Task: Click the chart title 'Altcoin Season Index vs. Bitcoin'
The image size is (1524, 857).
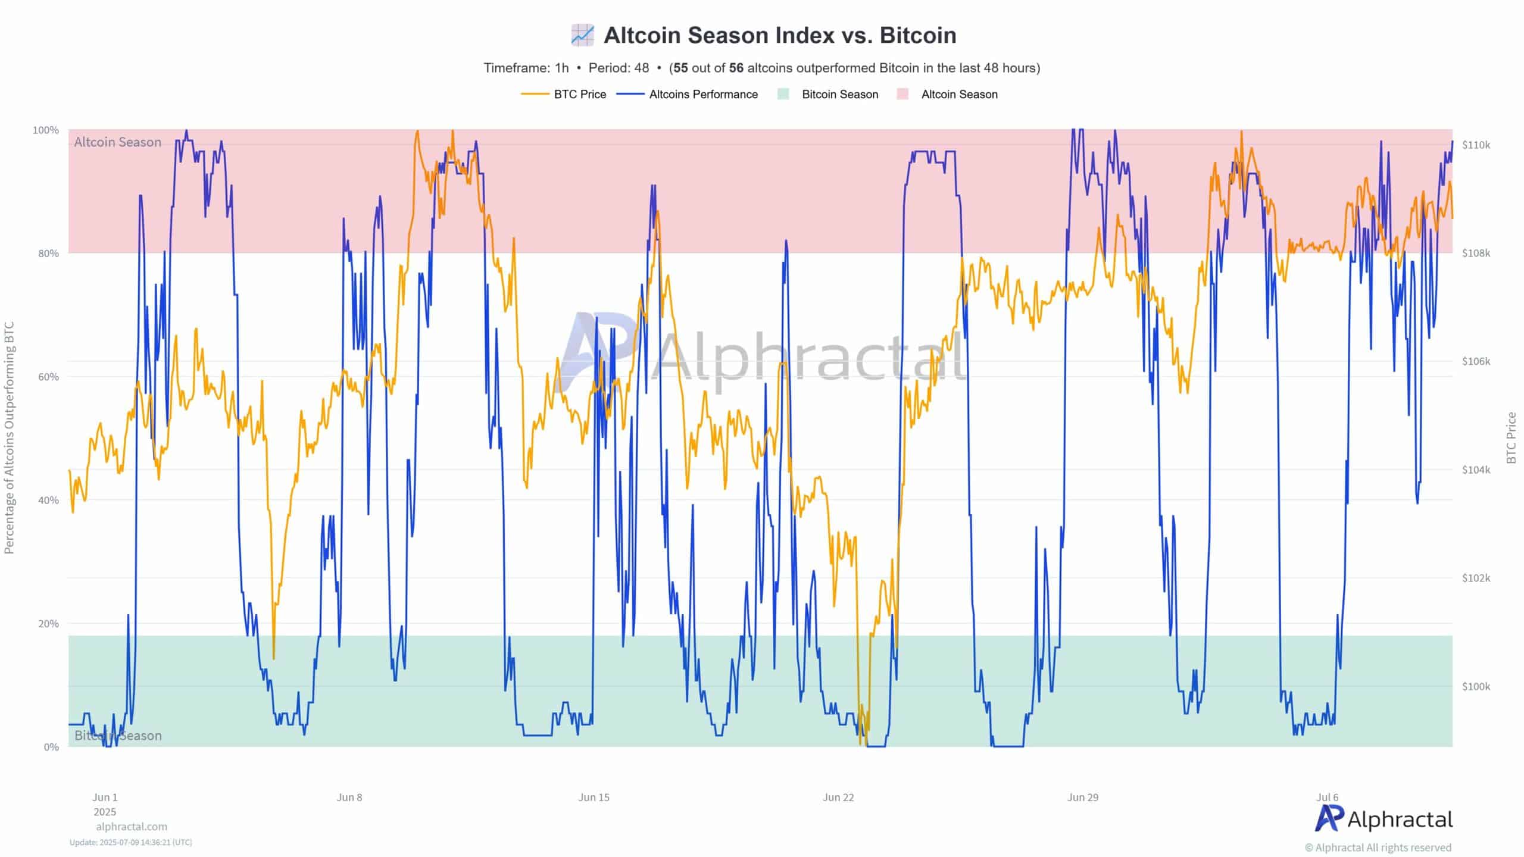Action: [780, 36]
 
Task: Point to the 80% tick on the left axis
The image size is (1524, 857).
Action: [48, 254]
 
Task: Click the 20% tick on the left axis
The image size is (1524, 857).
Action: [48, 624]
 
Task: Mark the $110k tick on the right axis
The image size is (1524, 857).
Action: [1476, 145]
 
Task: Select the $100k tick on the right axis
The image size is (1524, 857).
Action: [1476, 686]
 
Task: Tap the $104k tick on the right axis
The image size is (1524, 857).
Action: [1476, 470]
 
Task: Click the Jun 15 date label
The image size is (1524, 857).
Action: [594, 797]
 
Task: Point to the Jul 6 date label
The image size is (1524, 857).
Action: [1327, 797]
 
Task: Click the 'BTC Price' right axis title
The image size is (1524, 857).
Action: [1511, 437]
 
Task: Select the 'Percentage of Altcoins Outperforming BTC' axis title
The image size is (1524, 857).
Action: [9, 437]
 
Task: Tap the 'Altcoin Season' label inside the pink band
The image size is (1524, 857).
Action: [117, 142]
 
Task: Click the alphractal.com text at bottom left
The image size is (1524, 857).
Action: [132, 827]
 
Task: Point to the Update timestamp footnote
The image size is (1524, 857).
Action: [130, 842]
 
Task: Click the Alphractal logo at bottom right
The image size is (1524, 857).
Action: [1384, 820]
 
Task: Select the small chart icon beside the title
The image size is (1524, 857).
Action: [582, 35]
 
